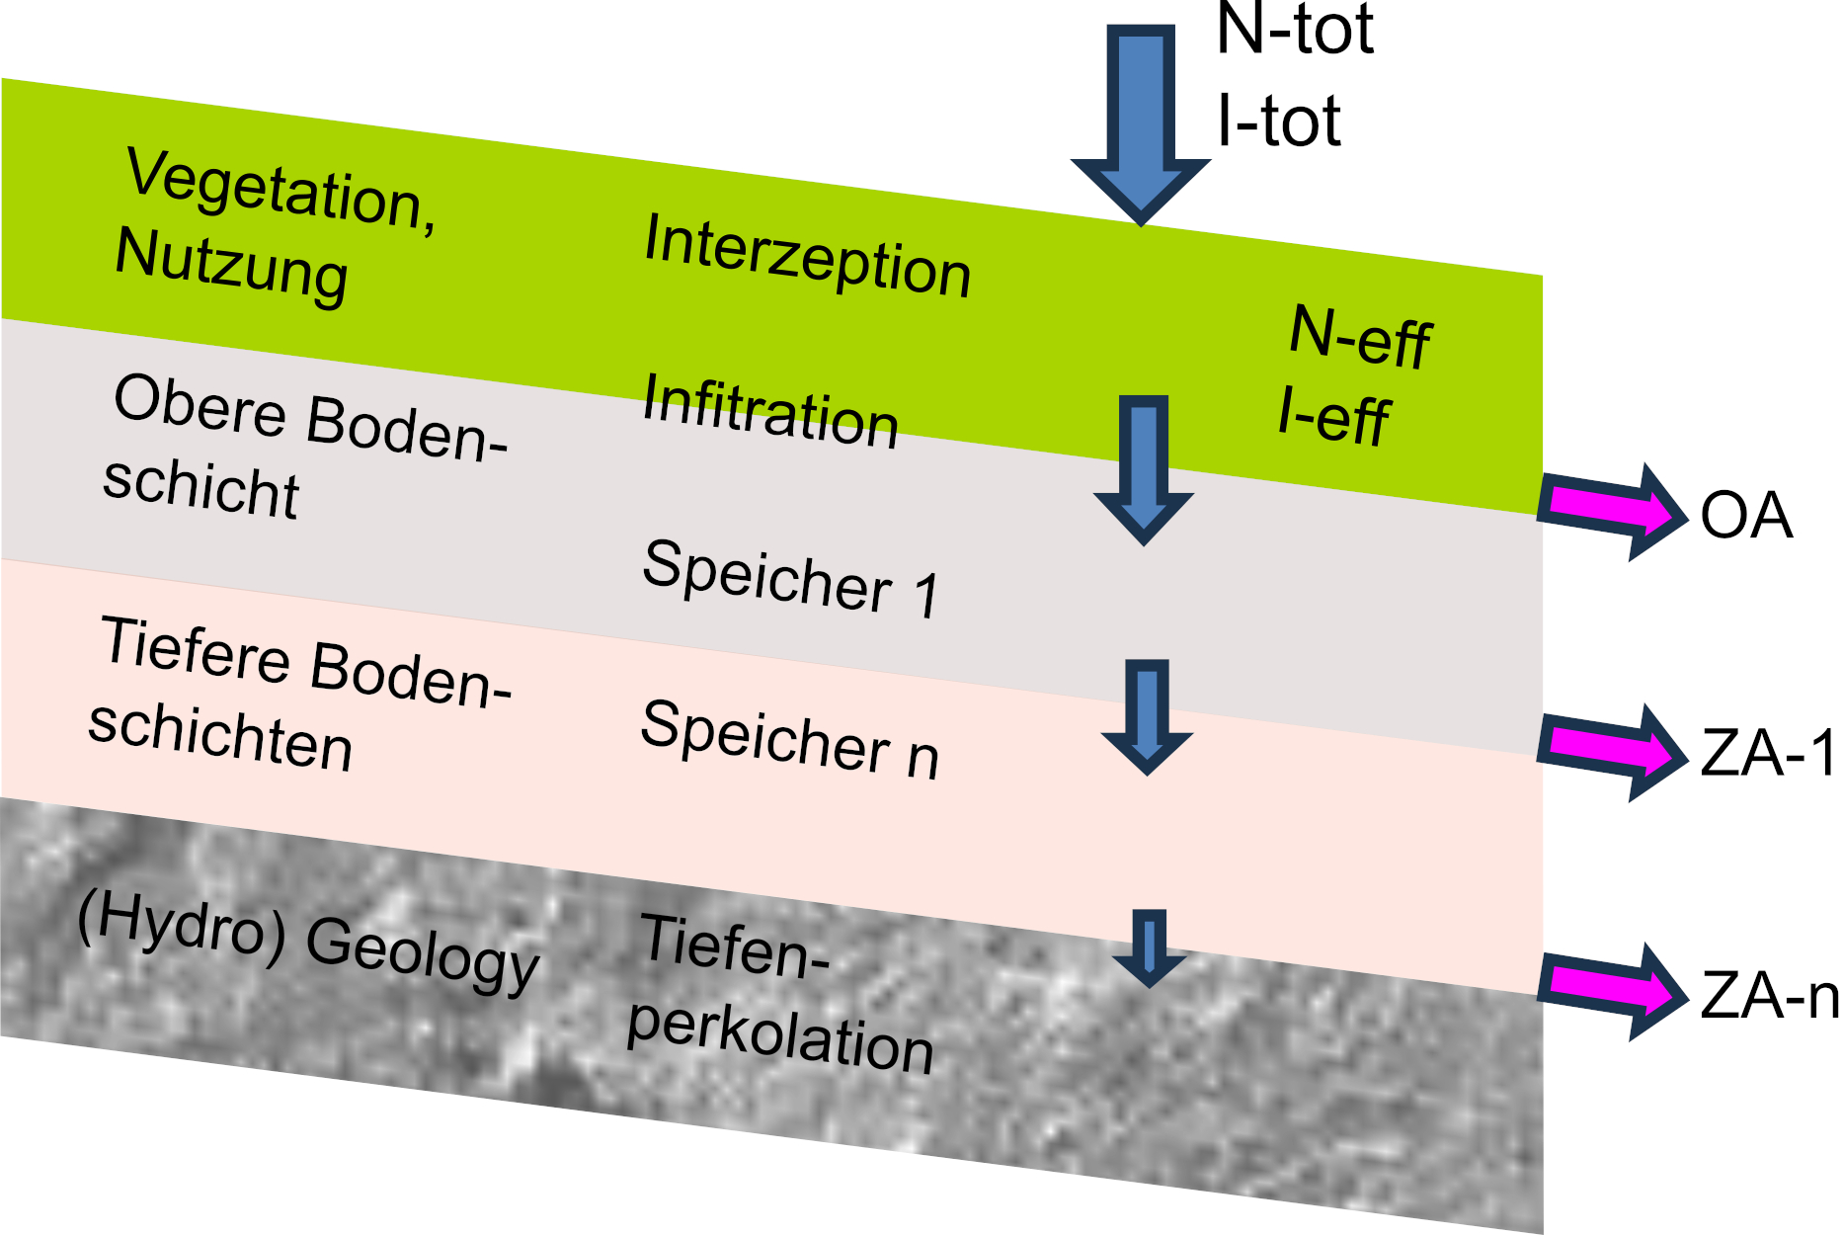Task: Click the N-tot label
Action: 1294,30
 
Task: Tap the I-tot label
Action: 1278,121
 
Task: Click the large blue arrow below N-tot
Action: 1141,119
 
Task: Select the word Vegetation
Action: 280,189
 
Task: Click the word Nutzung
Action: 231,265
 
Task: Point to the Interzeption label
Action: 807,256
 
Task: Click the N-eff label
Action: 1360,337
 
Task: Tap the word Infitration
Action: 770,411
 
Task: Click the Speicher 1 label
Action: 790,579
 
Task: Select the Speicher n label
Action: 789,739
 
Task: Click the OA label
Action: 1745,516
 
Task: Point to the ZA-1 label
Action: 1768,754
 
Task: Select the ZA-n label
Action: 1769,994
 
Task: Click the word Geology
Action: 423,952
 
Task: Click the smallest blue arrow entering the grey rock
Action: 1149,947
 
